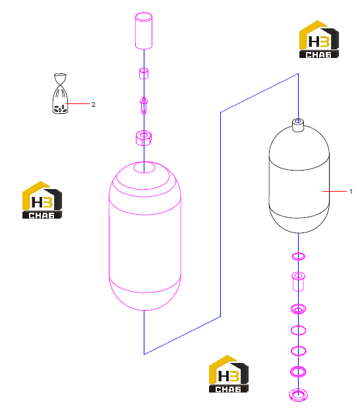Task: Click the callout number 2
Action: (x=93, y=104)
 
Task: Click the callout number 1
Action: (x=351, y=192)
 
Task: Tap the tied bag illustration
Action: (x=60, y=94)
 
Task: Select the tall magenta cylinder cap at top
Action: (x=144, y=31)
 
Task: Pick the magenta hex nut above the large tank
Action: (x=144, y=138)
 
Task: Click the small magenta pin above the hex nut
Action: (x=144, y=105)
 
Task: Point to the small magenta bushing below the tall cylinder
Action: (x=144, y=73)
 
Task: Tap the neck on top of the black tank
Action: (x=298, y=125)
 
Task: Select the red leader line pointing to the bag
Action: (x=77, y=104)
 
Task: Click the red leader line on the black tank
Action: (x=334, y=191)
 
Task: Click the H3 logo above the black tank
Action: (x=318, y=39)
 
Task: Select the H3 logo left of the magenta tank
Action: (x=42, y=200)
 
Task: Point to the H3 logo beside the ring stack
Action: (x=228, y=374)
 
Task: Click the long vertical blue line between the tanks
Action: (x=221, y=215)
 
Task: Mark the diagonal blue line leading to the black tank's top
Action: (x=260, y=93)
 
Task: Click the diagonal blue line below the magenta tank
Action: (x=182, y=335)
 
